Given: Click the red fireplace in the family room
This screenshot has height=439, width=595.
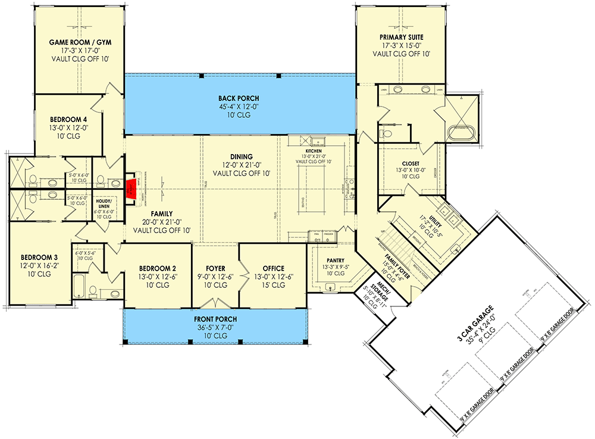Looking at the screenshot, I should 130,189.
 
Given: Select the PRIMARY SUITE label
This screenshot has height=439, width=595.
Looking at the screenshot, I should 401,37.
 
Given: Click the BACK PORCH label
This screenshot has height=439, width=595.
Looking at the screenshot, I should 239,98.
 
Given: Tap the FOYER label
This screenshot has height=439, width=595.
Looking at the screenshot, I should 215,268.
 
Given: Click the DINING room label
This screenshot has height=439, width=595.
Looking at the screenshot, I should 242,156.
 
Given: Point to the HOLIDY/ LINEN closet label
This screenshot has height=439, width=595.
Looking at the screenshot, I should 104,204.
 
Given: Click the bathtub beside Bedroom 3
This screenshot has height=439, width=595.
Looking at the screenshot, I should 79,284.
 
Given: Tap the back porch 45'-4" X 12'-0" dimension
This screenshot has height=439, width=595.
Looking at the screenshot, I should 239,106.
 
